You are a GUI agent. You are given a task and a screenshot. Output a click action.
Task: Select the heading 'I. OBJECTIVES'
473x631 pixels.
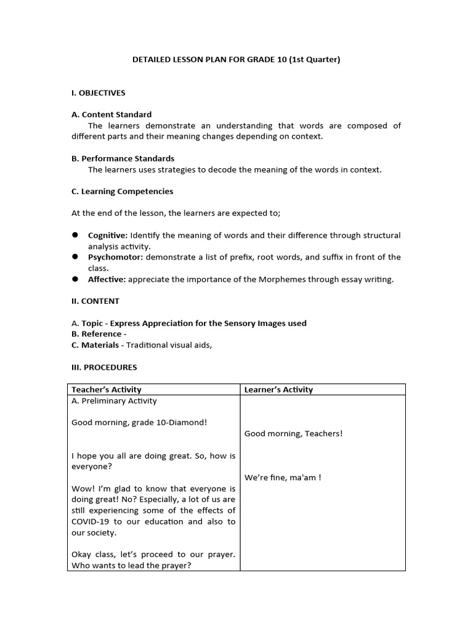tap(99, 93)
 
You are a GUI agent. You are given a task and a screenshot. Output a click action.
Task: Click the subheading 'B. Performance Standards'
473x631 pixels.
tap(123, 158)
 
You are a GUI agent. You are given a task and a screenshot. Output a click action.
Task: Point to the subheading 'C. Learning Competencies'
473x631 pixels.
tap(122, 192)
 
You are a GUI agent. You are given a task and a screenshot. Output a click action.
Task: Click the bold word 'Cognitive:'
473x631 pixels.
tap(108, 235)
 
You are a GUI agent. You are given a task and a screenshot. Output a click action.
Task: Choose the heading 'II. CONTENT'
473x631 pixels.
tap(95, 301)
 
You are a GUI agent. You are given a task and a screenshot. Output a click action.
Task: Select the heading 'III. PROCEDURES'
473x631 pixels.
tap(104, 367)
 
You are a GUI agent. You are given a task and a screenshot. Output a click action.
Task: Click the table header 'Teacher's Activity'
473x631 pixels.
tap(107, 389)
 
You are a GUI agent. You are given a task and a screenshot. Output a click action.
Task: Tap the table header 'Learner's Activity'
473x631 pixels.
tap(278, 389)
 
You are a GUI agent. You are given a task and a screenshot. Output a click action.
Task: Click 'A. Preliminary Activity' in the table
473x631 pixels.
tap(114, 401)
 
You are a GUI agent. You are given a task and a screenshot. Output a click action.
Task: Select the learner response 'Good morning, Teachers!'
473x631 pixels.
tap(293, 434)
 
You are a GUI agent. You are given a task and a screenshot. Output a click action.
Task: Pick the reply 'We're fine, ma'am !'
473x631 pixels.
tap(283, 478)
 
